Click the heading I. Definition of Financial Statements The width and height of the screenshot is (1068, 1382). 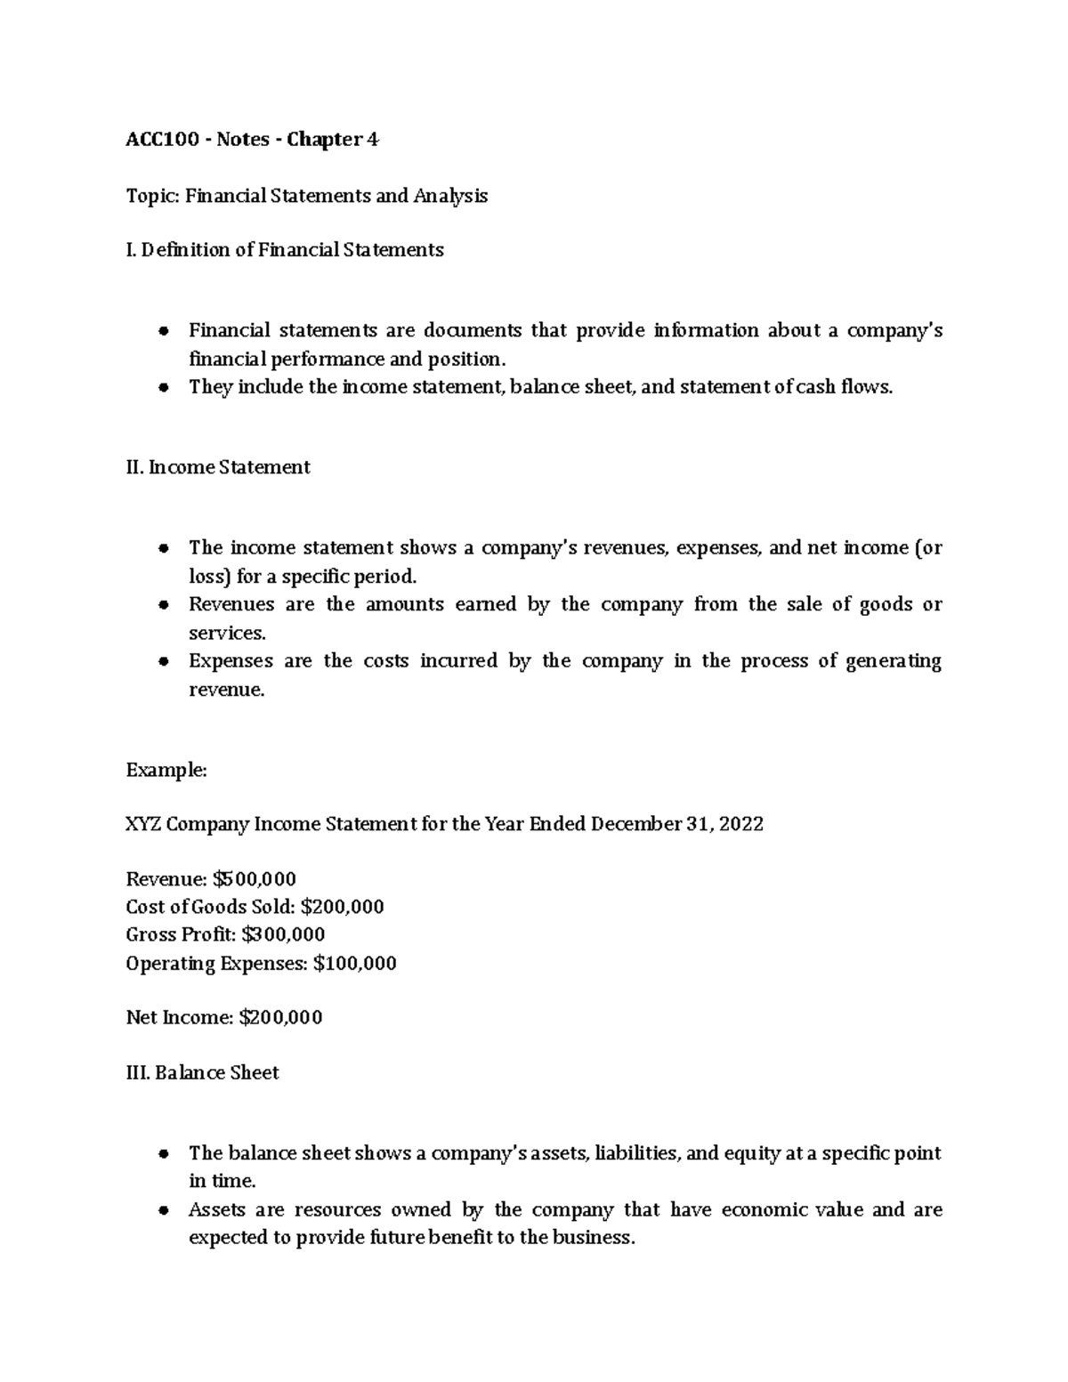[x=285, y=250]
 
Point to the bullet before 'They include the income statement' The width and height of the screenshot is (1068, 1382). [x=163, y=388]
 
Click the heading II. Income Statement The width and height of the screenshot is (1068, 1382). [x=218, y=467]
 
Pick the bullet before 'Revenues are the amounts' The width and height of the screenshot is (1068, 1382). [x=163, y=605]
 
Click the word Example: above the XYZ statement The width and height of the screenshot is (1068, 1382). [x=166, y=771]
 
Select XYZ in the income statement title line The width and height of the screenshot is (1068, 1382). [x=143, y=824]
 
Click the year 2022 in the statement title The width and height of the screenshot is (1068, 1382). [x=740, y=824]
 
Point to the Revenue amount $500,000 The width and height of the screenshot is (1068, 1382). [x=255, y=879]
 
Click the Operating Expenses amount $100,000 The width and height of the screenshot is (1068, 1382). [x=355, y=963]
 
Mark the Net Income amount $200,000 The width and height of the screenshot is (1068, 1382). [x=280, y=1017]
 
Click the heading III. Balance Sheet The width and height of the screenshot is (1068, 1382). [x=202, y=1073]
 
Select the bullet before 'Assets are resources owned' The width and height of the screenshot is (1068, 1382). [x=163, y=1211]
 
